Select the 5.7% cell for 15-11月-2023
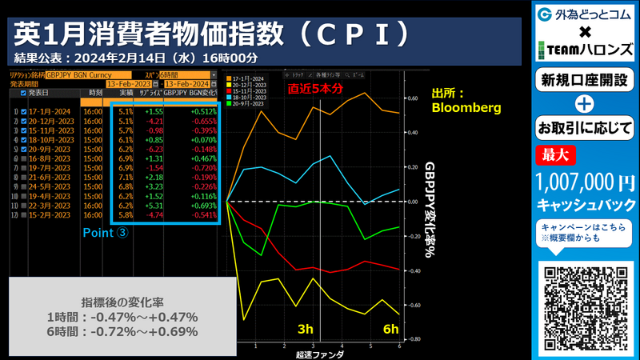pos(125,130)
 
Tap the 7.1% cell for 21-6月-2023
pos(125,178)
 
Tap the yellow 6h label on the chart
pos(390,330)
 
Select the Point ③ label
pos(106,233)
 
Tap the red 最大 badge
pos(554,154)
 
